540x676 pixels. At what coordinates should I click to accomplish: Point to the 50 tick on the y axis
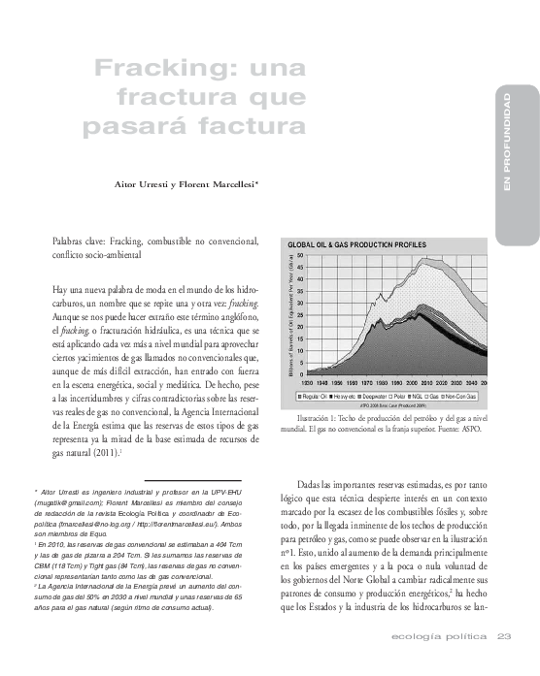click(x=300, y=256)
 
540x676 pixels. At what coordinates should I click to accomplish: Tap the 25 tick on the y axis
click(x=300, y=314)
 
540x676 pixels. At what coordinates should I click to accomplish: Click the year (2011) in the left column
click(x=103, y=452)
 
